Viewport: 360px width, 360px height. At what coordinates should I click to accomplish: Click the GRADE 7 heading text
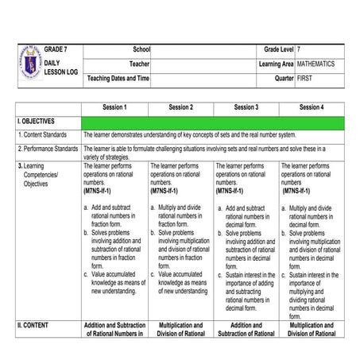[56, 49]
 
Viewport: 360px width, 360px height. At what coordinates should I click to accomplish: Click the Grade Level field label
[279, 49]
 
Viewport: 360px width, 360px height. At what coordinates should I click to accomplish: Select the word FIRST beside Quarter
[305, 78]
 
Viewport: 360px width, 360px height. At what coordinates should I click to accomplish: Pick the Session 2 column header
[180, 107]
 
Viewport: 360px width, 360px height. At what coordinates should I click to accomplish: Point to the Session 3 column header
[246, 107]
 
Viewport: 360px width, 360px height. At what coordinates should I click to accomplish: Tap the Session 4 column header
[312, 107]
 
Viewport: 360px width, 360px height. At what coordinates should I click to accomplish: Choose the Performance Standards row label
[48, 149]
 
